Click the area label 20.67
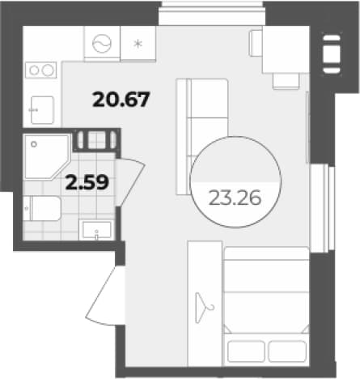[121, 100]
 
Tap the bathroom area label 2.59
[87, 182]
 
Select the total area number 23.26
[235, 198]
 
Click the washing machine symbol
[102, 44]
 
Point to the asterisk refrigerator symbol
[138, 44]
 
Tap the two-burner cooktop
[41, 70]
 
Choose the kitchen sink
[43, 110]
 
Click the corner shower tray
[47, 157]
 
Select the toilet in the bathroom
[42, 208]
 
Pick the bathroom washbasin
[96, 230]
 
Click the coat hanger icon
[204, 308]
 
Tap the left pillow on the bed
[246, 351]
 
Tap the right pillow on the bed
[287, 351]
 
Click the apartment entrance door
[106, 296]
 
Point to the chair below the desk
[286, 81]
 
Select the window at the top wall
[211, 13]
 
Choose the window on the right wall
[322, 208]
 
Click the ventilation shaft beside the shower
[96, 139]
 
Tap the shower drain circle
[34, 144]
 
